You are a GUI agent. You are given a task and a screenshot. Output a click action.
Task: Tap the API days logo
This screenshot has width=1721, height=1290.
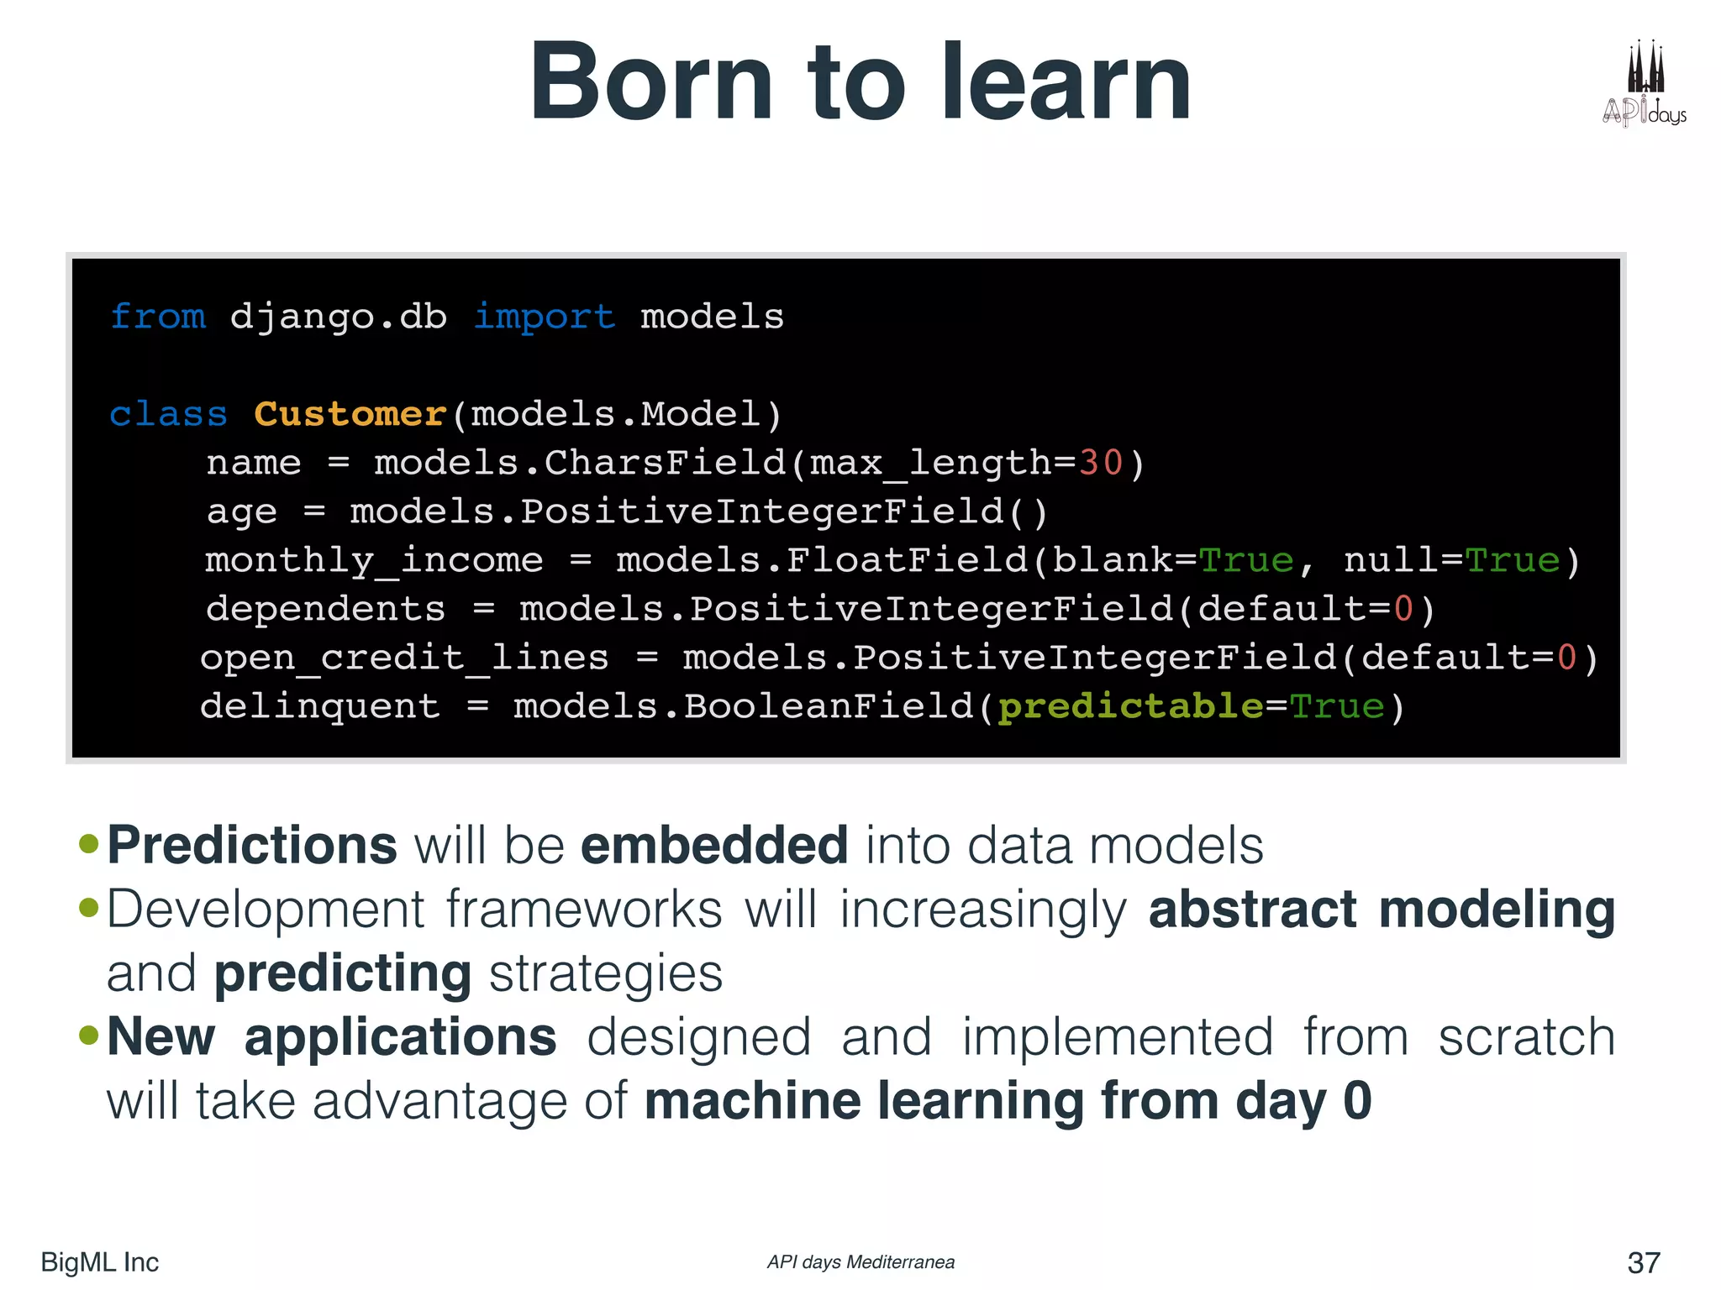(x=1644, y=84)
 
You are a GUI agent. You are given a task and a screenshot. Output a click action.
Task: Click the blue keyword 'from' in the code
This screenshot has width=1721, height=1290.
(x=158, y=317)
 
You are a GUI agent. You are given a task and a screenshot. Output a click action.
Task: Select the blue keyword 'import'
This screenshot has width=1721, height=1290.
(x=544, y=317)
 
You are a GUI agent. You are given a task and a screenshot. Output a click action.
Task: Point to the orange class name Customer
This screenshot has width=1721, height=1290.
(x=350, y=414)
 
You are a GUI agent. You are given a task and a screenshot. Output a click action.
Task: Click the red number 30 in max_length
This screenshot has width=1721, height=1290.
(x=1101, y=463)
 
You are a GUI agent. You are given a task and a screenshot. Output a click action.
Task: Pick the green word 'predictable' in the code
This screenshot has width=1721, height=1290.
(x=1130, y=706)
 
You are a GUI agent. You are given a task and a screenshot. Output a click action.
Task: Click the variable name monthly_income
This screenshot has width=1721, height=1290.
(x=374, y=560)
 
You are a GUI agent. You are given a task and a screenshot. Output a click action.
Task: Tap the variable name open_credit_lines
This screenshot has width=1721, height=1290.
(x=404, y=658)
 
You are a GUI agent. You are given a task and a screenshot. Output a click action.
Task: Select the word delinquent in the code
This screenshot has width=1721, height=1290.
(x=320, y=706)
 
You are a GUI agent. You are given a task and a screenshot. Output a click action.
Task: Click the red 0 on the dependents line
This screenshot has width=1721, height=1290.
(x=1403, y=609)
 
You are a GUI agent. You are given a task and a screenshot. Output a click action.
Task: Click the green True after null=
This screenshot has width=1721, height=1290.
(x=1513, y=560)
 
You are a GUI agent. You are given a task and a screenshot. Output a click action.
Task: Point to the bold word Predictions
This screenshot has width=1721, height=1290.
(x=252, y=845)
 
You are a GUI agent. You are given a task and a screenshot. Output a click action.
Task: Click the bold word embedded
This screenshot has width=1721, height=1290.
(x=714, y=845)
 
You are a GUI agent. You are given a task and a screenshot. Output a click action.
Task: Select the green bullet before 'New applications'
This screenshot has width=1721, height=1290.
(x=88, y=1035)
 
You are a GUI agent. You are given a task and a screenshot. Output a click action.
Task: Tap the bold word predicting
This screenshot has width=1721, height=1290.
(x=343, y=973)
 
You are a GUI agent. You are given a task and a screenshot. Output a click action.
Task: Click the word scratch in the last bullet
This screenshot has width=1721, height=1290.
(x=1527, y=1037)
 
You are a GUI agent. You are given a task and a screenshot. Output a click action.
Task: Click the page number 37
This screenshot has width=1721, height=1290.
(x=1644, y=1262)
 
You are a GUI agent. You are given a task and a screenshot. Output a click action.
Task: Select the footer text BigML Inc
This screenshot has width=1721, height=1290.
(x=99, y=1262)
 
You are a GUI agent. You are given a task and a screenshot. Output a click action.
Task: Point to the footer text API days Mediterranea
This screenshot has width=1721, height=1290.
(x=860, y=1262)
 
